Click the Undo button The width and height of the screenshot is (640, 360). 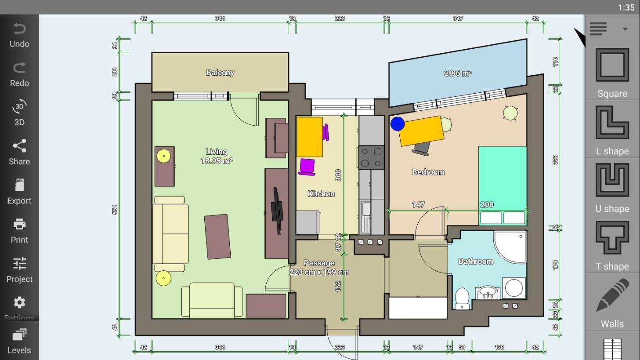pos(19,35)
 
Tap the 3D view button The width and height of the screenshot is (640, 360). pos(19,113)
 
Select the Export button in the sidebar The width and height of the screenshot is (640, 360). pos(19,192)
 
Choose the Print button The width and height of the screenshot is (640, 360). pos(19,231)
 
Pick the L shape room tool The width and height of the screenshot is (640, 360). pos(612,130)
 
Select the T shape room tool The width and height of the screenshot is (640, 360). pos(612,245)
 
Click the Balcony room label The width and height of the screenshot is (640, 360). pos(220,73)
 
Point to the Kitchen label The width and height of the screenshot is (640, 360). pos(321,193)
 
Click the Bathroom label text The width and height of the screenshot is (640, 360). pos(476,261)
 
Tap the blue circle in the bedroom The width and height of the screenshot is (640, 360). pos(398,124)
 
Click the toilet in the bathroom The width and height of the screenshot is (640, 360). pos(462,298)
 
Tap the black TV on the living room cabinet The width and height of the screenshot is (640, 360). pos(277,211)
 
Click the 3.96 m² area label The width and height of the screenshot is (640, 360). pos(458,73)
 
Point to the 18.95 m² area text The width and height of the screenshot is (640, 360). pos(217,161)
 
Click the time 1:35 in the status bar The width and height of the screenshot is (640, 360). pos(626,7)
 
